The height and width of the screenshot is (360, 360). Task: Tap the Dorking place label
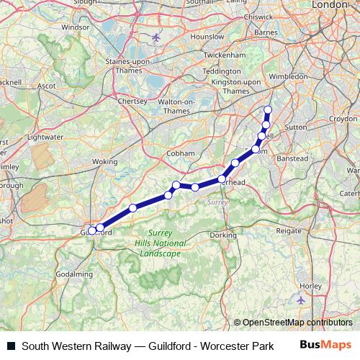(224, 235)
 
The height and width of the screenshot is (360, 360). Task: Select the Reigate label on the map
(289, 231)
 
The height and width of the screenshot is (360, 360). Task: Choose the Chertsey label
(132, 102)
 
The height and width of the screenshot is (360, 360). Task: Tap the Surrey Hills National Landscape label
(161, 244)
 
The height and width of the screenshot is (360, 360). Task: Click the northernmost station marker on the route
(268, 110)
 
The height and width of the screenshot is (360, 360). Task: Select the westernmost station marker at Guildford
(91, 230)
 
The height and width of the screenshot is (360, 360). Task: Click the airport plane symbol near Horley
(301, 299)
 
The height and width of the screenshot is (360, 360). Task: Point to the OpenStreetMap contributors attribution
(296, 323)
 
